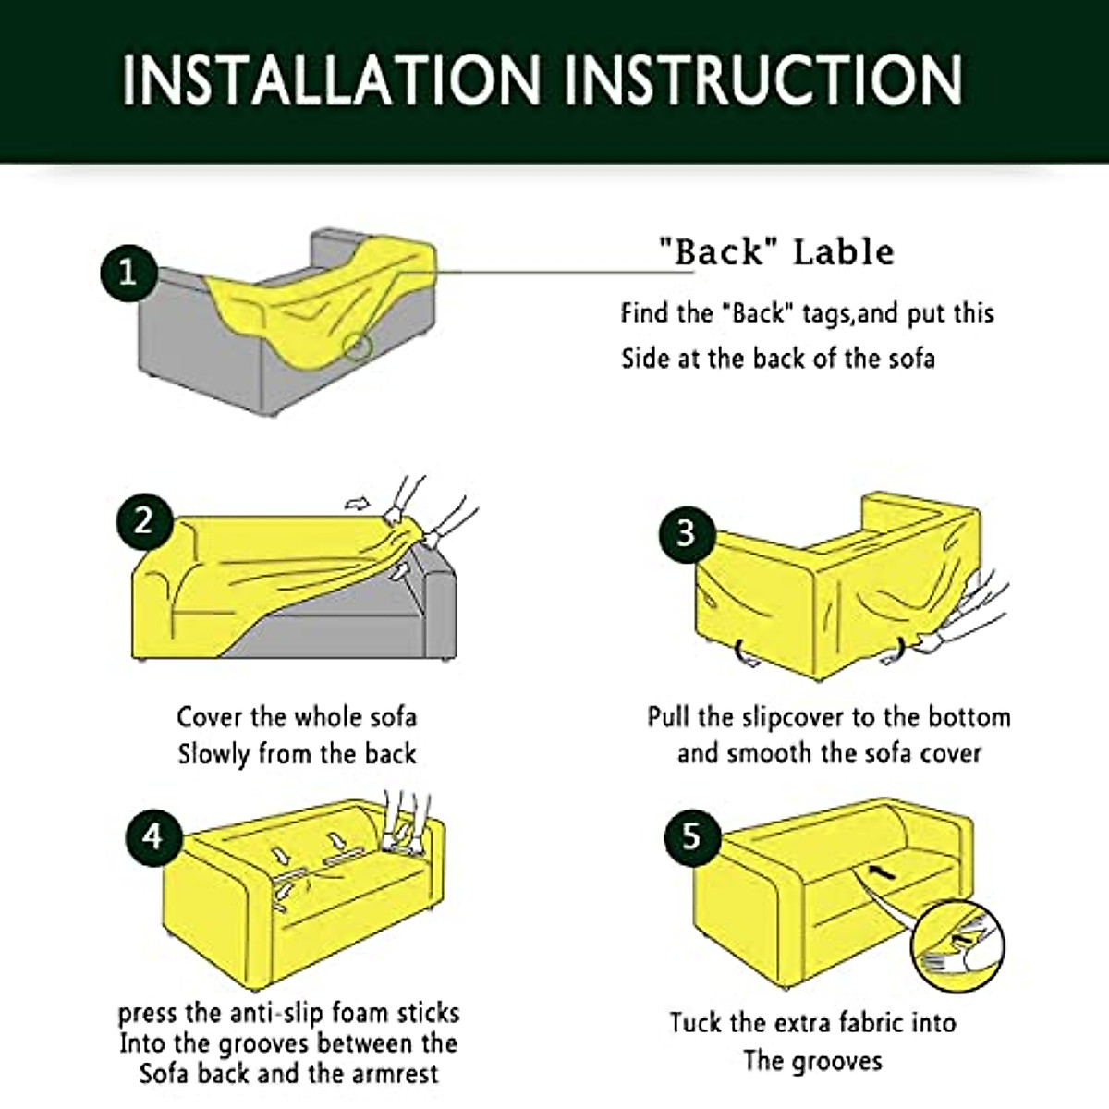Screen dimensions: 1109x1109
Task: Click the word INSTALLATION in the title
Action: click(331, 79)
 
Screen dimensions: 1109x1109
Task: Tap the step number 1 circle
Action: click(127, 272)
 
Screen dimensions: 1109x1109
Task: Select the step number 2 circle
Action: click(143, 521)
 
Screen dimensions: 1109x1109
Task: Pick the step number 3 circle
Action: click(685, 533)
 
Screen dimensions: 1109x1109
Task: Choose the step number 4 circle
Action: click(152, 836)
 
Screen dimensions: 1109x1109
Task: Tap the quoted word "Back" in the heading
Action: click(713, 251)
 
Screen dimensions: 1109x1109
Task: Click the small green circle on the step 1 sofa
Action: click(358, 347)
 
